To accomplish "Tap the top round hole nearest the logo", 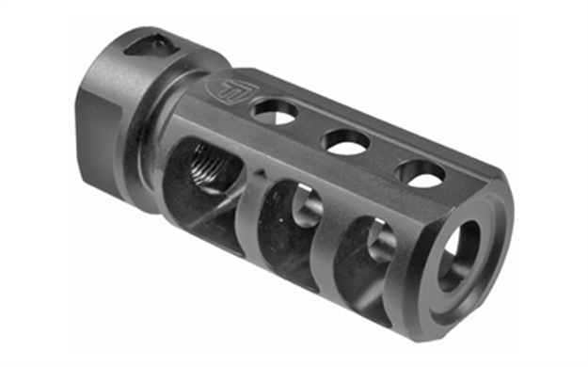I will [276, 113].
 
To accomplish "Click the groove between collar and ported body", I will [156, 122].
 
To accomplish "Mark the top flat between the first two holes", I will [310, 127].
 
